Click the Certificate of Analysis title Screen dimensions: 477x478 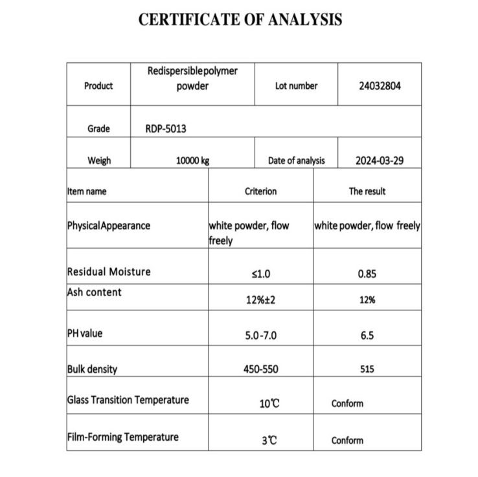pyautogui.click(x=240, y=20)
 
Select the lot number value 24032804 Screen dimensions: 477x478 pyautogui.click(x=380, y=86)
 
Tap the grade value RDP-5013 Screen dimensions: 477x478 pyautogui.click(x=166, y=129)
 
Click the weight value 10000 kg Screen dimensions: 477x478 pyautogui.click(x=193, y=161)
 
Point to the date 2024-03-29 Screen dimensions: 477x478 pyautogui.click(x=380, y=161)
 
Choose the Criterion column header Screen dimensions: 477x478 pyautogui.click(x=260, y=191)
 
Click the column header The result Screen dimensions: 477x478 pyautogui.click(x=367, y=191)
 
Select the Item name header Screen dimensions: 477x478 pyautogui.click(x=87, y=192)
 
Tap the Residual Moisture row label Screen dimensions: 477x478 pyautogui.click(x=109, y=272)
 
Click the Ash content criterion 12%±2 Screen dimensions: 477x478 pyautogui.click(x=260, y=300)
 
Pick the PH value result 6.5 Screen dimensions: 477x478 pyautogui.click(x=367, y=336)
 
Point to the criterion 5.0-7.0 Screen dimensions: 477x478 pyautogui.click(x=260, y=336)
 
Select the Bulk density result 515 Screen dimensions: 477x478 pyautogui.click(x=367, y=369)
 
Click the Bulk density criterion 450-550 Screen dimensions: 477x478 pyautogui.click(x=260, y=369)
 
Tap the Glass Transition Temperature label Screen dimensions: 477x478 pyautogui.click(x=128, y=399)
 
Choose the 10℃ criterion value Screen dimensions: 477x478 pyautogui.click(x=269, y=404)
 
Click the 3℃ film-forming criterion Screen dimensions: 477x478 pyautogui.click(x=269, y=441)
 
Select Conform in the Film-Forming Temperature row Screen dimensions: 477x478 pyautogui.click(x=347, y=441)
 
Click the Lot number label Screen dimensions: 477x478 pyautogui.click(x=296, y=86)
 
